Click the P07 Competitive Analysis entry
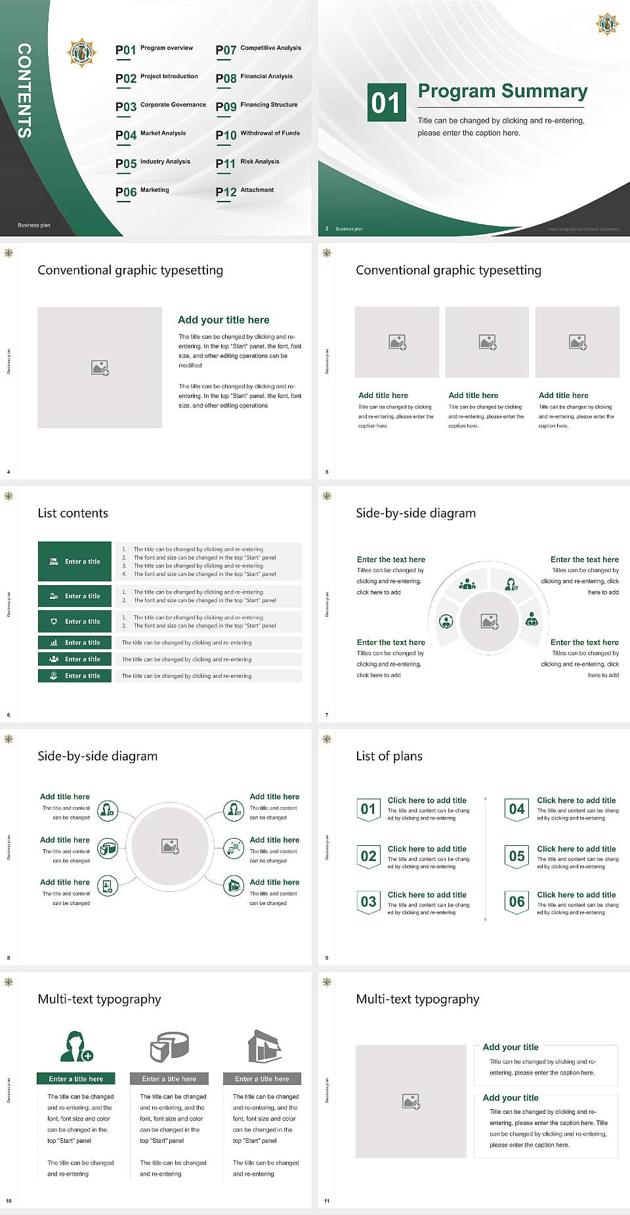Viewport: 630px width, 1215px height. click(258, 49)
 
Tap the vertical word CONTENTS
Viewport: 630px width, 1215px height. click(24, 91)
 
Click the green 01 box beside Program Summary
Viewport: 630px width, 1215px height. click(386, 102)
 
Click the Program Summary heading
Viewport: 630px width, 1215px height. click(502, 91)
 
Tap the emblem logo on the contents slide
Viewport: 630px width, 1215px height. click(82, 53)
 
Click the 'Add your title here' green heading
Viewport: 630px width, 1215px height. click(223, 320)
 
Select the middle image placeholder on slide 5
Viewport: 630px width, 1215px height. click(487, 342)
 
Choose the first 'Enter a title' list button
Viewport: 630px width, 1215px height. click(75, 562)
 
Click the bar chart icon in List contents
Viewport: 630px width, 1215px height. click(54, 643)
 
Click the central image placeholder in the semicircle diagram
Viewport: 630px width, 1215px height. click(489, 621)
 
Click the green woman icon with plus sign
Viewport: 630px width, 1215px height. click(76, 1047)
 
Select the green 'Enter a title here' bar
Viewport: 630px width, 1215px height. click(76, 1078)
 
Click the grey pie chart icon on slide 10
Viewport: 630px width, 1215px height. click(169, 1046)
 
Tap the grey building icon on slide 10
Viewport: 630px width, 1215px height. click(264, 1046)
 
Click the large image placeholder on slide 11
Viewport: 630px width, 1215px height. click(411, 1101)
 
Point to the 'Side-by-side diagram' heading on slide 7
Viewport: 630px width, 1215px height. click(415, 513)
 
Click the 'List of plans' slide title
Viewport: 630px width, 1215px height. click(388, 756)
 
